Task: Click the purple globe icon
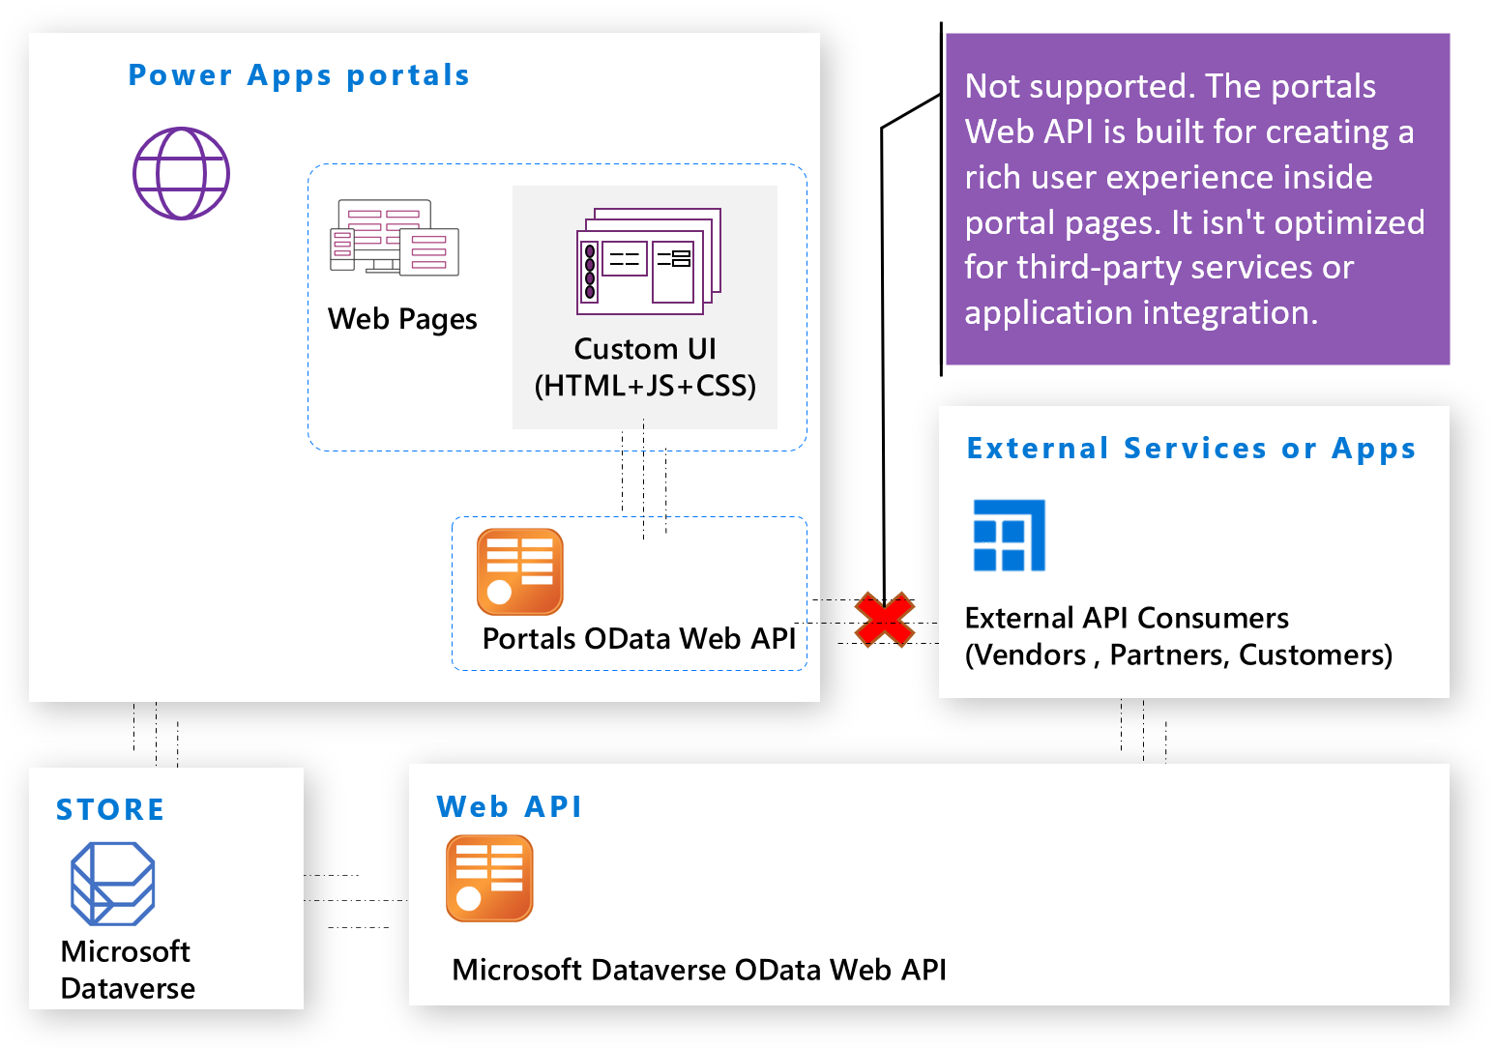(181, 174)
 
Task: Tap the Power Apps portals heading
(299, 75)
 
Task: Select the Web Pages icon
(395, 238)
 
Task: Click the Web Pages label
(402, 319)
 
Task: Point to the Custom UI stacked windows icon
(648, 261)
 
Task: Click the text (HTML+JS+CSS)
(645, 386)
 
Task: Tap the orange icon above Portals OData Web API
(520, 571)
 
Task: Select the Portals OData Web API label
(639, 638)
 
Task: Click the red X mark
(884, 620)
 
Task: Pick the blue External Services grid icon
(1009, 536)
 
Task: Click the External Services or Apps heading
(1190, 449)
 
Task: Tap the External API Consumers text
(1127, 618)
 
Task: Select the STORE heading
(110, 809)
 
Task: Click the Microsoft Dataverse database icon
(113, 883)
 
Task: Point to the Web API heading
(509, 806)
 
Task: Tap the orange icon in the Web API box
(489, 878)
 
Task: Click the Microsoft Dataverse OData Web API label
(699, 970)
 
